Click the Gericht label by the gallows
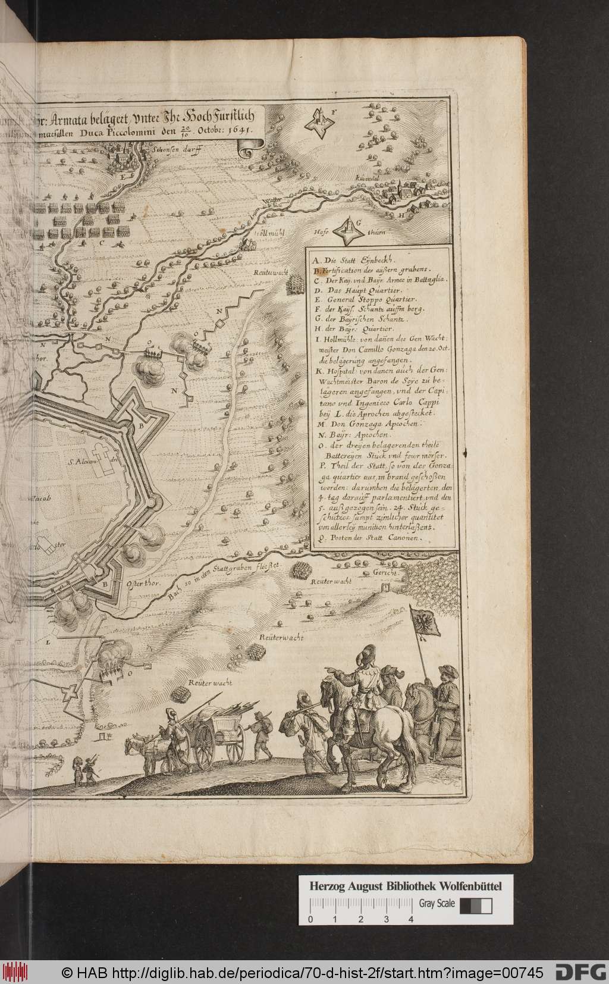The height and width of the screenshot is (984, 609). click(x=385, y=573)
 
